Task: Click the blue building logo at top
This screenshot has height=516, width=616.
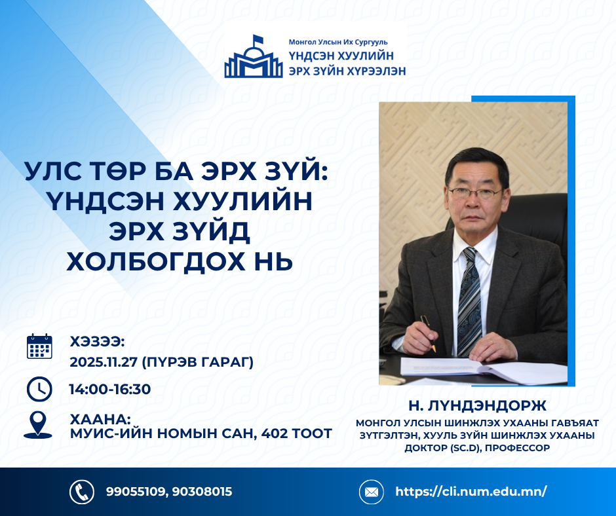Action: [x=254, y=56]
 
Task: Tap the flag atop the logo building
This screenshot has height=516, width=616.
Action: [x=258, y=40]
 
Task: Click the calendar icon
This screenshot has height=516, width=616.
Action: [x=39, y=346]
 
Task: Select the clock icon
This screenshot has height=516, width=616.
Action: [x=39, y=389]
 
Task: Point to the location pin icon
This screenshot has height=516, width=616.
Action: [x=38, y=425]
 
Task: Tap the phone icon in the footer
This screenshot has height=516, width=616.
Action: [x=82, y=492]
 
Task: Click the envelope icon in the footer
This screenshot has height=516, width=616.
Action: [x=372, y=492]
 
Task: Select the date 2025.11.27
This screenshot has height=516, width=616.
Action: [x=104, y=361]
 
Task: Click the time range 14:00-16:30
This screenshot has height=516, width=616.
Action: [x=110, y=389]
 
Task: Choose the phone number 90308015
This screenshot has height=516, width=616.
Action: [x=202, y=492]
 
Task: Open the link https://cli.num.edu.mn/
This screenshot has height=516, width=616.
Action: [x=471, y=491]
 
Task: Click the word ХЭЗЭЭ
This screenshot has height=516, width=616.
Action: [x=97, y=342]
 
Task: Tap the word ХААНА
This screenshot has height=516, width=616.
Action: [x=100, y=419]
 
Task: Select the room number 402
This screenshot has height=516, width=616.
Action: [x=274, y=433]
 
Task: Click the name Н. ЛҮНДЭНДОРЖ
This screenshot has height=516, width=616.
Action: [x=477, y=405]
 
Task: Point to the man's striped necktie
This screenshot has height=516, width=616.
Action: [x=471, y=302]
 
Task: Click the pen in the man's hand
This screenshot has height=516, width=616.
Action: [x=428, y=334]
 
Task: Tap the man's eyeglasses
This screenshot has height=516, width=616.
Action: [x=475, y=193]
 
